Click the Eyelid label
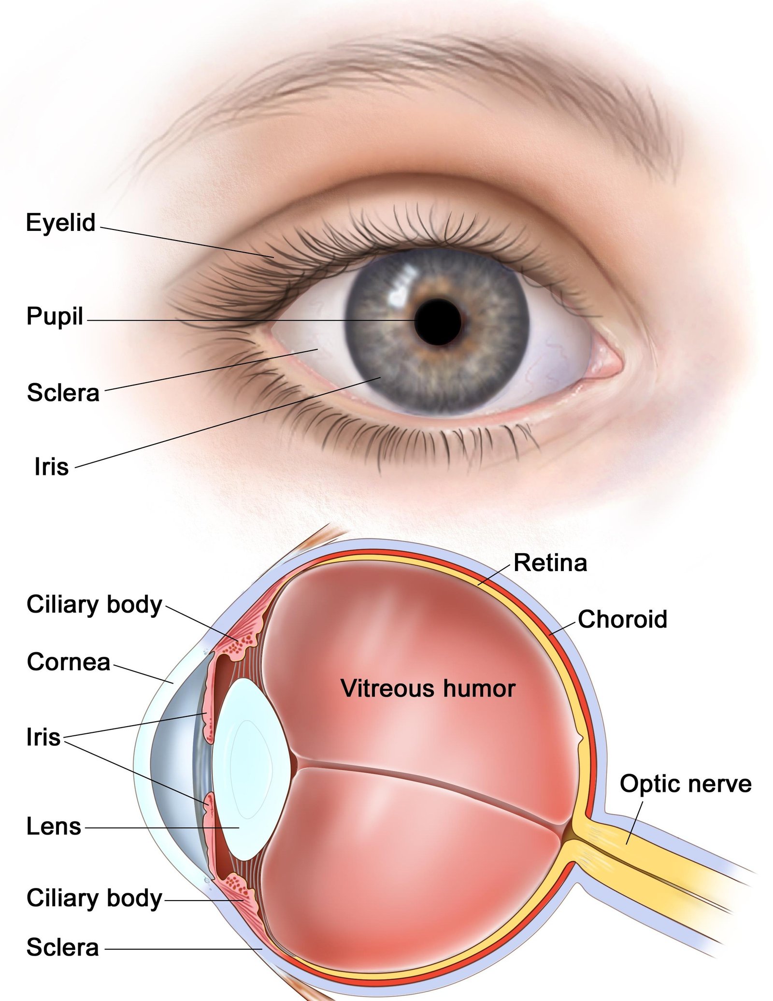click(x=61, y=223)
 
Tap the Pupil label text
click(x=55, y=317)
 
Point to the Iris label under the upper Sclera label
click(x=51, y=466)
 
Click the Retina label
click(x=550, y=563)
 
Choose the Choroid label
click(x=622, y=619)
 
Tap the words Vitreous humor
click(x=428, y=688)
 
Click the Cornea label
click(x=69, y=662)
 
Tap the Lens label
click(x=54, y=826)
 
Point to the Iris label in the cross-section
click(x=43, y=737)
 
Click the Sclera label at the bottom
click(x=63, y=947)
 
